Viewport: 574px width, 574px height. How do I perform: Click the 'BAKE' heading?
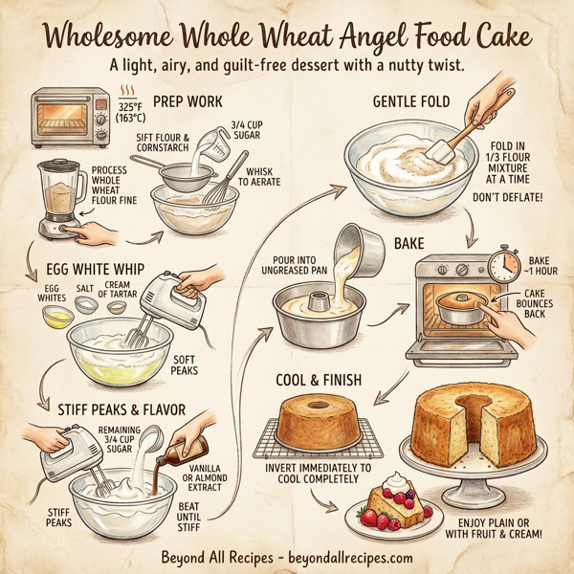409,244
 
